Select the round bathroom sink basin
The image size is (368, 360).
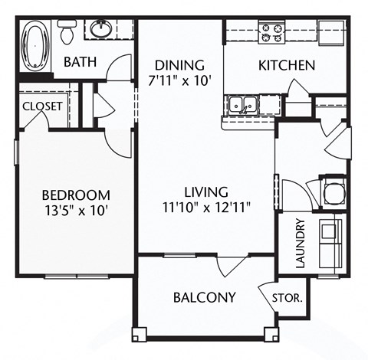[101, 30]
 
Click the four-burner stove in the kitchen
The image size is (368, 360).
[271, 32]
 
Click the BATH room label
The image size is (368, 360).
[80, 62]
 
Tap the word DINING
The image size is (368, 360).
[179, 64]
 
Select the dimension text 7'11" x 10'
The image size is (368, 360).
[179, 80]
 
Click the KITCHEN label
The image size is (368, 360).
[286, 65]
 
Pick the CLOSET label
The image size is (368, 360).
[42, 106]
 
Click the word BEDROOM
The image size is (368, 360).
[76, 195]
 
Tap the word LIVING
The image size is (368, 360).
[205, 191]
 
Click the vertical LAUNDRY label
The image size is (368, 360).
[301, 243]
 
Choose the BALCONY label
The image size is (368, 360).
[204, 296]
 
